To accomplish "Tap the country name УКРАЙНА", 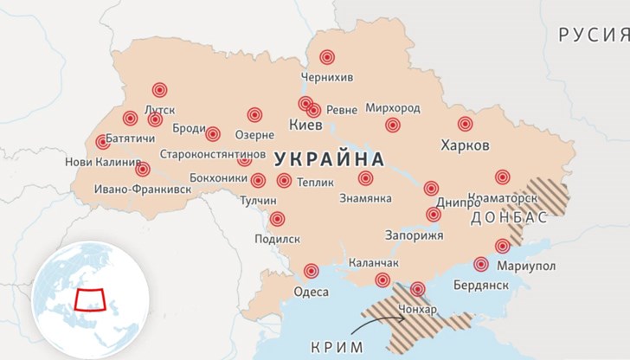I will [x=329, y=159].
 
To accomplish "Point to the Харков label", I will [x=465, y=144].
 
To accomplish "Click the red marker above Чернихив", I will [x=327, y=57].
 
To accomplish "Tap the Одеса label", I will [x=312, y=292].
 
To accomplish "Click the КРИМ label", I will [x=337, y=347].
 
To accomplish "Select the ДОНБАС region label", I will [x=510, y=217].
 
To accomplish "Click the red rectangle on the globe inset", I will [x=90, y=299].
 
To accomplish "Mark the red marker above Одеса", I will [x=312, y=271].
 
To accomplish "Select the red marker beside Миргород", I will [x=393, y=125].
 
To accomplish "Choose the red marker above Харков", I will [x=466, y=124].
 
